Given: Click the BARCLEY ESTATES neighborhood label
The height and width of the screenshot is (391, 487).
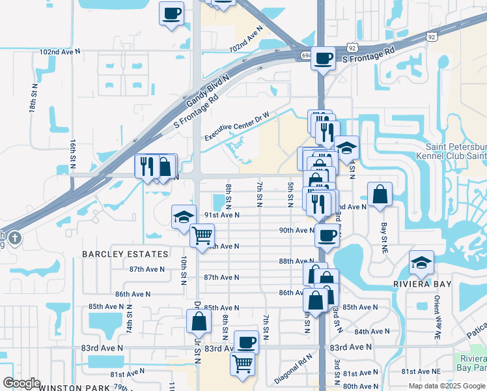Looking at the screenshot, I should (x=125, y=253).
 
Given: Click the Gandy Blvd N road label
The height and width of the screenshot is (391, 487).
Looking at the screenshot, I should (x=208, y=92).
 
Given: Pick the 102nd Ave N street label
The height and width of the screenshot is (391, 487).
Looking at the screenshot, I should (x=59, y=51).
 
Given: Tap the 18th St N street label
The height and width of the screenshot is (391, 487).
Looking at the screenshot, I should (x=33, y=98).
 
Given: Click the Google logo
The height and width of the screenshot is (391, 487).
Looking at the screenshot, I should (x=21, y=383).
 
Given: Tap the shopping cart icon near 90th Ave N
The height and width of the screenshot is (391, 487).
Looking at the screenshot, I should (x=202, y=235).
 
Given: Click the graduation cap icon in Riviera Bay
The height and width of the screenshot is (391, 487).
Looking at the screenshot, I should (x=421, y=263).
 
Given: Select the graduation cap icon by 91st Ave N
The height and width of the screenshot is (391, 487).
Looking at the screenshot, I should (x=184, y=217).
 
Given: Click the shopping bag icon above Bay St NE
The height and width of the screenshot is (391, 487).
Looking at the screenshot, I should (x=380, y=194).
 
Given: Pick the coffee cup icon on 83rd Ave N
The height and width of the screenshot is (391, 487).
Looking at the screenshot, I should (x=246, y=341).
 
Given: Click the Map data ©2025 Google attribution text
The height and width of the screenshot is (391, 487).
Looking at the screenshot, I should (x=447, y=386).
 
